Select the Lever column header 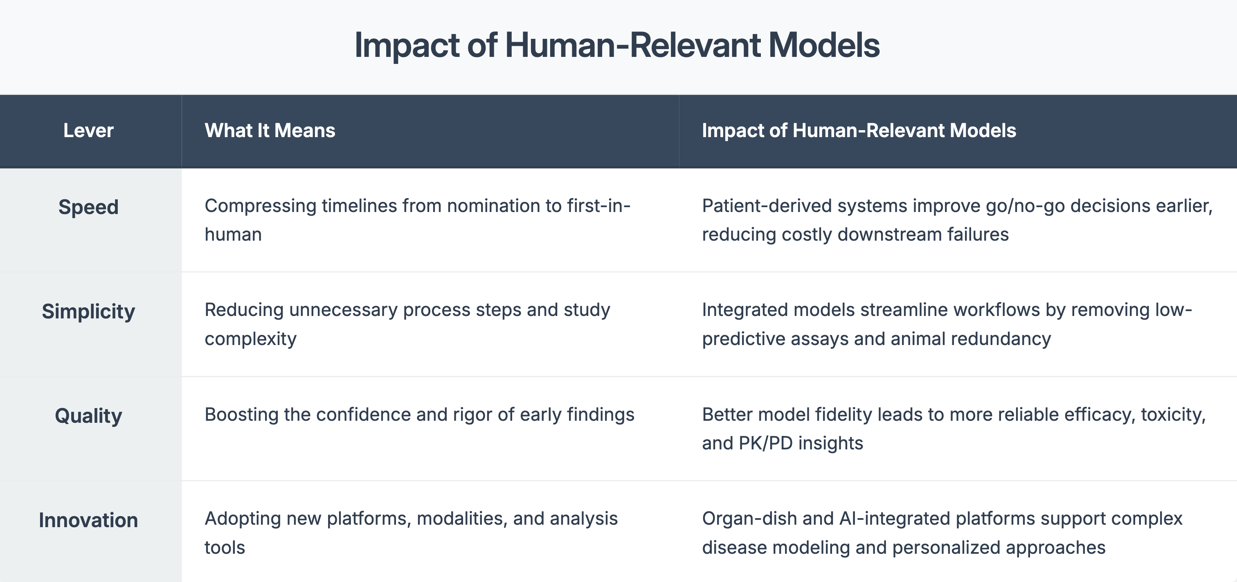tap(88, 131)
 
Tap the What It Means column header tap(270, 131)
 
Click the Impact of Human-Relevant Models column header tap(859, 131)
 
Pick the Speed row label tap(88, 208)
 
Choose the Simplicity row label tap(88, 312)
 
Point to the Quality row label tap(88, 416)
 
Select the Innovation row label tap(88, 521)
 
